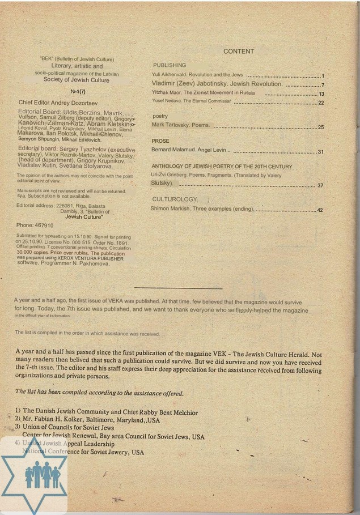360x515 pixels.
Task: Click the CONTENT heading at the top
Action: pyautogui.click(x=239, y=52)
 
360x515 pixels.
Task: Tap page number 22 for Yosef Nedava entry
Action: pyautogui.click(x=321, y=103)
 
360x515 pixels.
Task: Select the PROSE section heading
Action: pyautogui.click(x=160, y=141)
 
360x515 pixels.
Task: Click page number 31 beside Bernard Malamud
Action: pyautogui.click(x=320, y=152)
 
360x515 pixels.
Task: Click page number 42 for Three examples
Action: pyautogui.click(x=320, y=210)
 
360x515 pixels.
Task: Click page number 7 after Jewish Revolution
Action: pyautogui.click(x=322, y=85)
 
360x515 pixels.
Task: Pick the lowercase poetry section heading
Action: pyautogui.click(x=160, y=116)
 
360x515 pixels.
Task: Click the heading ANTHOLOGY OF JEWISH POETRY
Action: pyautogui.click(x=222, y=167)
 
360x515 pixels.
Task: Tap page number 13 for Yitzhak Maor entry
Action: pyautogui.click(x=321, y=93)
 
